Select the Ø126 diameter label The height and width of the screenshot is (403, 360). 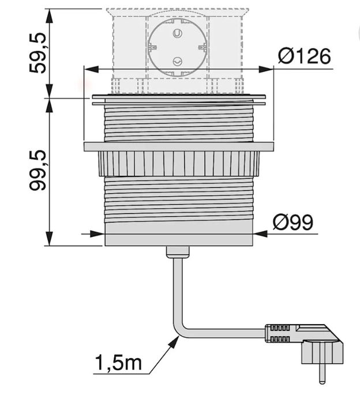tap(304, 56)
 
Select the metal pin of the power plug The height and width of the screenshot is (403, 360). tap(321, 372)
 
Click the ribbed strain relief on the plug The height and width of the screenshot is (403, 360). tap(278, 333)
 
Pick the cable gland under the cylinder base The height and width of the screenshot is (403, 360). tap(178, 251)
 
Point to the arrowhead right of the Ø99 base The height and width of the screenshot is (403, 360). tap(261, 234)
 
